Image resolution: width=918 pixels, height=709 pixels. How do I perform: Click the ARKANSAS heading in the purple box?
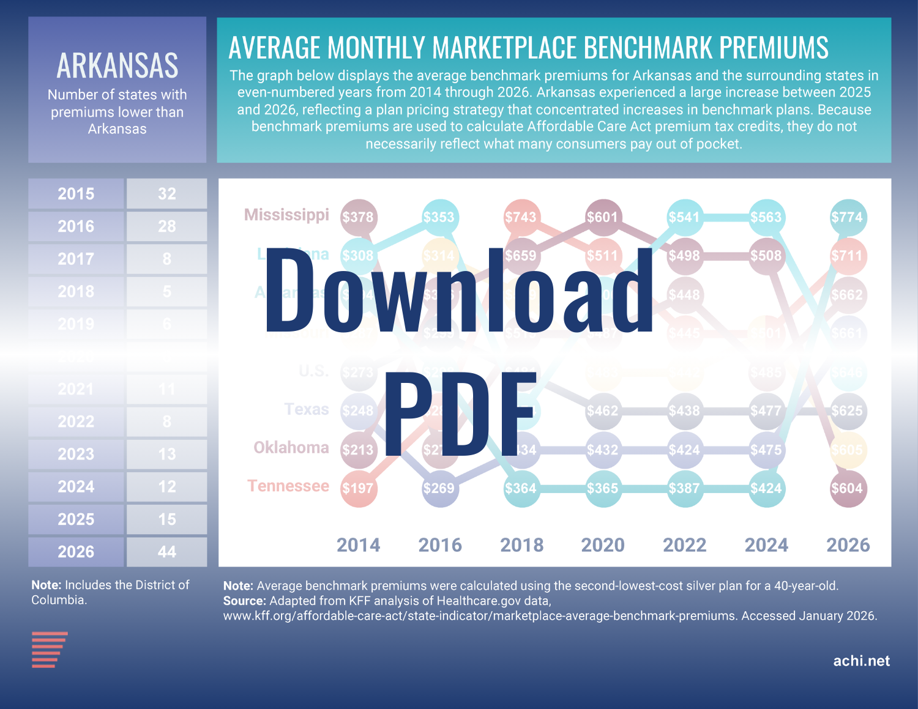click(x=118, y=65)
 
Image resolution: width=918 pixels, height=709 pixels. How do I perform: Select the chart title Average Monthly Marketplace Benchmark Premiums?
click(x=528, y=48)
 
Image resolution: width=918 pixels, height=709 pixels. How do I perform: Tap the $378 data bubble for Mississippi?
click(x=358, y=217)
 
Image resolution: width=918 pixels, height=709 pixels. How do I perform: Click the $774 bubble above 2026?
click(x=848, y=217)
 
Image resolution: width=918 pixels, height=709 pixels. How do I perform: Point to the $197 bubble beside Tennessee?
click(x=358, y=488)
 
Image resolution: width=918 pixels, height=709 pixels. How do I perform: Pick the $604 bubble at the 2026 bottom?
click(x=848, y=488)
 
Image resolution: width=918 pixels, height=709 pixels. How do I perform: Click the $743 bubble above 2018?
click(x=521, y=217)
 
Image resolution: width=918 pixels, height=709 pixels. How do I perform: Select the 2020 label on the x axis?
click(x=603, y=544)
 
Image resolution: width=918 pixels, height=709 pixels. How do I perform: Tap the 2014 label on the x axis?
click(x=359, y=544)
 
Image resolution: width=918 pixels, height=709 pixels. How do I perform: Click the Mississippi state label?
click(x=286, y=215)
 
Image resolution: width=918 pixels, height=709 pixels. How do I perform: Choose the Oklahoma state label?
click(x=291, y=448)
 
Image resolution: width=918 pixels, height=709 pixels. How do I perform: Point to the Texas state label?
click(x=307, y=409)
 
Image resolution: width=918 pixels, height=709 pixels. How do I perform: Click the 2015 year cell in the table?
click(x=76, y=194)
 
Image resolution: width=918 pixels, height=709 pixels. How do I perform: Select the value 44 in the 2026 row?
click(x=166, y=552)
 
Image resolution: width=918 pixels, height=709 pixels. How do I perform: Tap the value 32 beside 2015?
click(x=166, y=194)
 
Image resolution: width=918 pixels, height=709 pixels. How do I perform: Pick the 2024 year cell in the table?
click(x=76, y=487)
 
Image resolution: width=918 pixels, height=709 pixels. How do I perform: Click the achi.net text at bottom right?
click(x=861, y=661)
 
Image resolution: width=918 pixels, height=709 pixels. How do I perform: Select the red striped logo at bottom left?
click(x=49, y=649)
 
